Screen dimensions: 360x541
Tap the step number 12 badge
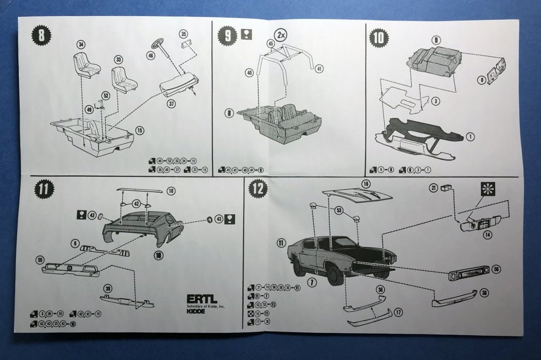pos(258,189)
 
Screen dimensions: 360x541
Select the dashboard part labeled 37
pos(179,84)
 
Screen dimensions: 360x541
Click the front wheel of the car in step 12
pos(334,275)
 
